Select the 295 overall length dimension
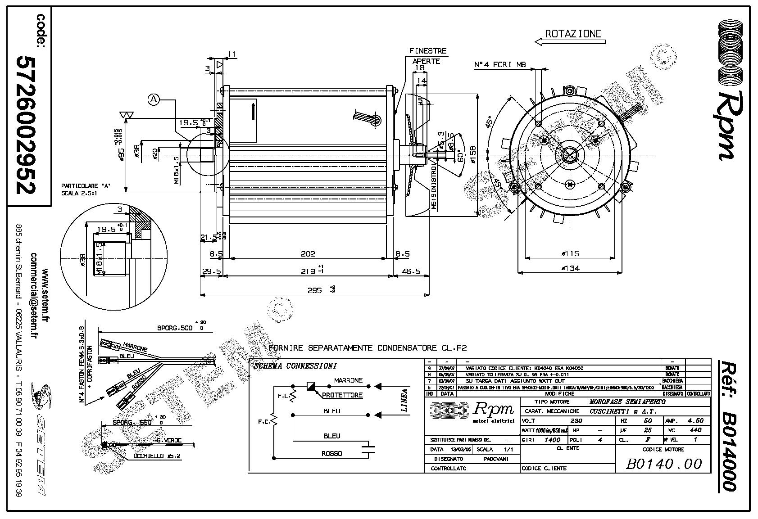click(x=314, y=290)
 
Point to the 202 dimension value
click(x=308, y=254)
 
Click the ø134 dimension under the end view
click(x=571, y=268)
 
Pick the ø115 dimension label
click(x=571, y=253)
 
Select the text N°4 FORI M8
click(x=500, y=65)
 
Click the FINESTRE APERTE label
click(x=427, y=56)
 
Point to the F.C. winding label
click(x=264, y=422)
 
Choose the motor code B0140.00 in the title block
click(x=663, y=464)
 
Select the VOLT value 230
click(x=576, y=421)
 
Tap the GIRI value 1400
click(x=552, y=440)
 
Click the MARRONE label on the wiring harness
click(x=135, y=347)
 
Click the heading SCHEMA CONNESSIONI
click(x=295, y=366)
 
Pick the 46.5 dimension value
click(x=410, y=271)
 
